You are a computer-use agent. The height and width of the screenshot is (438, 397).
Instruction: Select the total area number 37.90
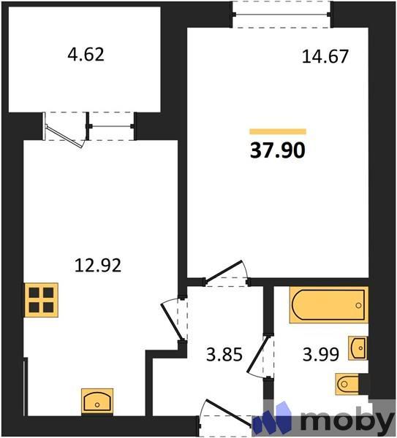point(278,150)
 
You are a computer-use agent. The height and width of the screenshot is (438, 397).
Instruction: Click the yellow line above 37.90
point(278,131)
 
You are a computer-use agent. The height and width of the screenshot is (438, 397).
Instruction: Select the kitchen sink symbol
point(97,401)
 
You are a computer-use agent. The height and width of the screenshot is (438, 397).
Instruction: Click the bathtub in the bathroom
point(328,305)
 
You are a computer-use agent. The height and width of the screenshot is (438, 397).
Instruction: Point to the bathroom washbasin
point(358,348)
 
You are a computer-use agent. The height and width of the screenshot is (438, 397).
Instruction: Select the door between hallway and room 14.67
point(227,276)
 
